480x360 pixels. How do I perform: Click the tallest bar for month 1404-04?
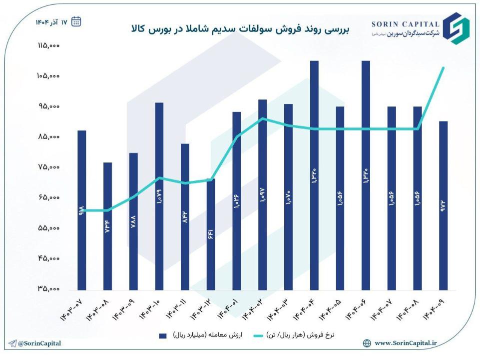point(314,175)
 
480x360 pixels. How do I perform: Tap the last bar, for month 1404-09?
point(443,205)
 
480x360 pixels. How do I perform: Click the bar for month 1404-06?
point(366,175)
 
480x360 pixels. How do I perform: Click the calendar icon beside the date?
point(76,21)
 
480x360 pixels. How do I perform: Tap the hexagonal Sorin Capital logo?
point(457,28)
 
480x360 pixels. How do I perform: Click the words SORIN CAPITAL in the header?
point(406,23)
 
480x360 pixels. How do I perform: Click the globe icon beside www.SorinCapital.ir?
point(367,343)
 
